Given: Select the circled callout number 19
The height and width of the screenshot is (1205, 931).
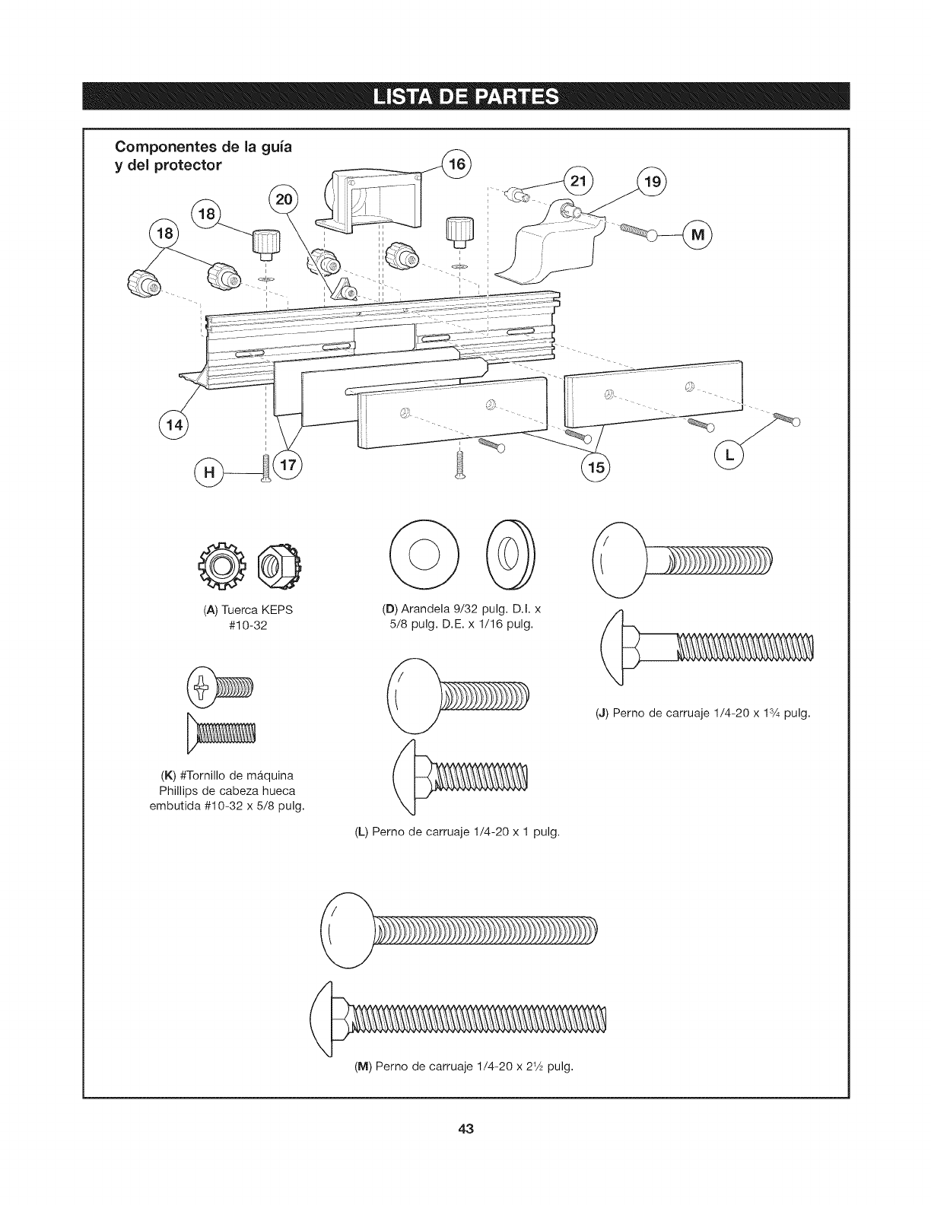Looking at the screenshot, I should click(x=650, y=183).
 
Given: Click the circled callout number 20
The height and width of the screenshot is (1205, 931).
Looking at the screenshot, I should click(x=286, y=200).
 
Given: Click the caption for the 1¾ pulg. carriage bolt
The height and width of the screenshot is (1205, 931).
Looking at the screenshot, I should click(x=703, y=714).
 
